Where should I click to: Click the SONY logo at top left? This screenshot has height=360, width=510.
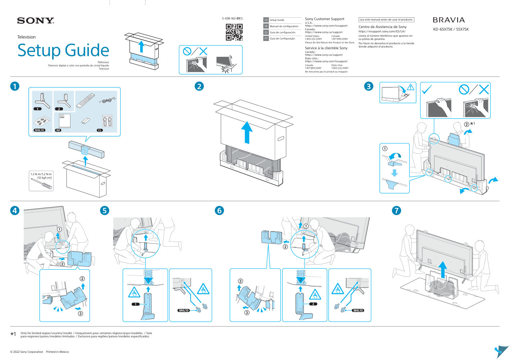click(x=35, y=20)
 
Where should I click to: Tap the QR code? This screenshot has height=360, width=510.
click(x=234, y=32)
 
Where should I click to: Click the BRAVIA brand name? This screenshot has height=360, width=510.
click(x=448, y=20)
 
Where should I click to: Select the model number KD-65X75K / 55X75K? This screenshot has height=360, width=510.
click(x=451, y=29)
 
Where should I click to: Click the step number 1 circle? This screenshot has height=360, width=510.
click(x=15, y=86)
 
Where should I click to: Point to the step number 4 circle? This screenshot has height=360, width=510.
click(x=15, y=210)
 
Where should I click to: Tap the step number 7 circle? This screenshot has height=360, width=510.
click(x=396, y=210)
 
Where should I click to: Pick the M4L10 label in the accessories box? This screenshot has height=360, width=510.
click(x=40, y=130)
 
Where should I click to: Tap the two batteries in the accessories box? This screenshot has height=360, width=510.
click(x=85, y=121)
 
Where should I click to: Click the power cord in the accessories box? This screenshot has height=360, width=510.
click(x=107, y=100)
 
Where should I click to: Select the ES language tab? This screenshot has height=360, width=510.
click(x=266, y=32)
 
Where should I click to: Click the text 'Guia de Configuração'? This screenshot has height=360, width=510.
click(x=282, y=38)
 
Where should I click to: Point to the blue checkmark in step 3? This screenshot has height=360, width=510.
click(x=427, y=89)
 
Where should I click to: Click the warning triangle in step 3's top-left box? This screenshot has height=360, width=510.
click(x=410, y=87)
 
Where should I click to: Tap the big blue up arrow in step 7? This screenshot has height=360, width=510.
click(x=443, y=269)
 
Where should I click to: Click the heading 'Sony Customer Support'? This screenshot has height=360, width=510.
click(x=324, y=19)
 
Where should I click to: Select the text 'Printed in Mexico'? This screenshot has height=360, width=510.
click(x=57, y=352)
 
